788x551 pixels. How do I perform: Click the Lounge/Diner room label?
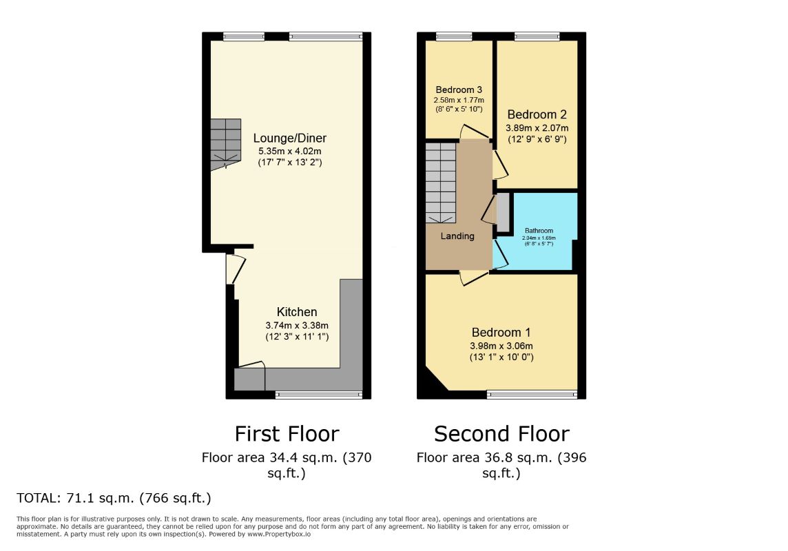click(x=289, y=138)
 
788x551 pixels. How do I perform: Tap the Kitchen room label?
click(x=296, y=312)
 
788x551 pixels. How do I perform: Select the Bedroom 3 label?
click(x=459, y=90)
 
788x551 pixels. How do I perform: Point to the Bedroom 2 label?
click(x=537, y=114)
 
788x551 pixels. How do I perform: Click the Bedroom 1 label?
click(x=501, y=333)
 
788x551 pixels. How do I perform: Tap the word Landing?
click(x=457, y=236)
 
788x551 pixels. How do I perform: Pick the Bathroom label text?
click(x=539, y=231)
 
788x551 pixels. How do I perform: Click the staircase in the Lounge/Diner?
click(x=226, y=145)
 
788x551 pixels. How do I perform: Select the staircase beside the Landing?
click(x=441, y=183)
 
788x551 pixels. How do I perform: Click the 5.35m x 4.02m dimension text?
click(x=289, y=152)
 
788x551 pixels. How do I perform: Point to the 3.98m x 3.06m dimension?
click(x=501, y=346)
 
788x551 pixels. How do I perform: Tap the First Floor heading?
click(x=287, y=434)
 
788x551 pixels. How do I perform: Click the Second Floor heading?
click(x=501, y=434)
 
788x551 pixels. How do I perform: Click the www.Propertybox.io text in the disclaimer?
click(x=278, y=534)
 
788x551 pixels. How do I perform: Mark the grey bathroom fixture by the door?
click(x=503, y=212)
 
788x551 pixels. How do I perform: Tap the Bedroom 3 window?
click(x=454, y=37)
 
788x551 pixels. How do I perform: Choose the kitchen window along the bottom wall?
click(x=319, y=395)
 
